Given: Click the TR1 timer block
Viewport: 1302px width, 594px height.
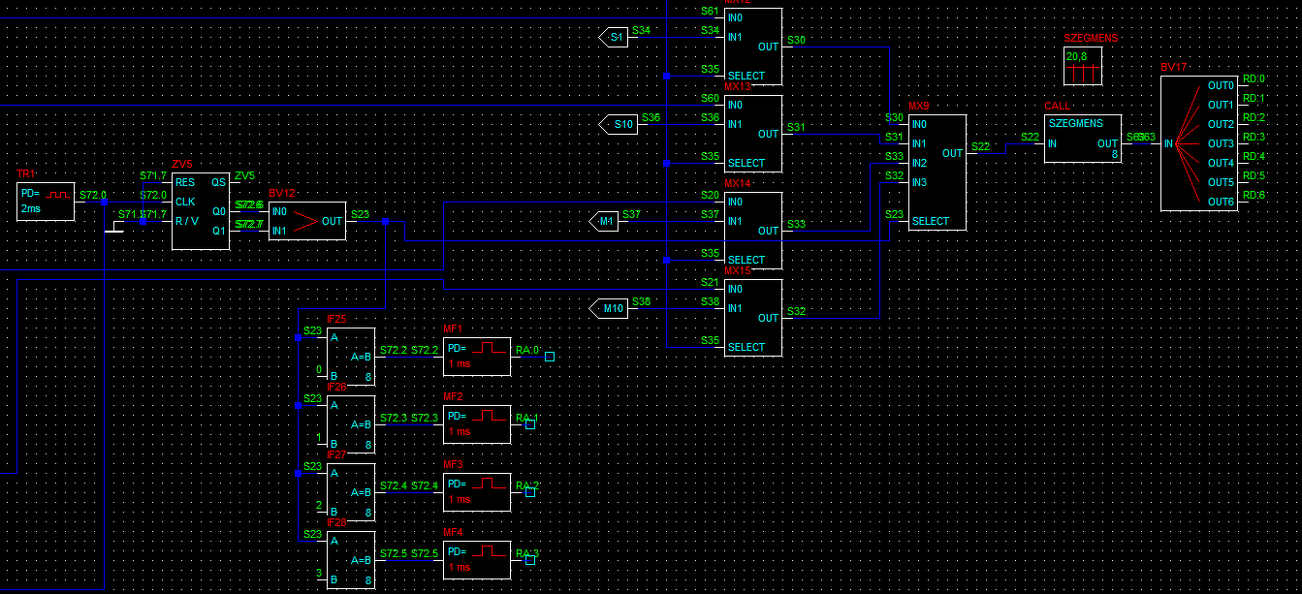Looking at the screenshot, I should [x=46, y=202].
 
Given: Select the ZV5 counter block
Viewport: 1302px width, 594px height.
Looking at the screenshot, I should [x=201, y=211].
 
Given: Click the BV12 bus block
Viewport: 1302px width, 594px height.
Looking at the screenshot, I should [x=306, y=221].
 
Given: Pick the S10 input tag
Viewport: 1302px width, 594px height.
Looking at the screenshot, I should [x=619, y=125].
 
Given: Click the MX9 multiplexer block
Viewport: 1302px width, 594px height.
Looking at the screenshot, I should [x=937, y=172].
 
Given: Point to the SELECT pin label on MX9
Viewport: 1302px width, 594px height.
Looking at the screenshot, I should [x=931, y=221].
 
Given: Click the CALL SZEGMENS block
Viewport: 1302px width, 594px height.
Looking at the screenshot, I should [x=1082, y=139].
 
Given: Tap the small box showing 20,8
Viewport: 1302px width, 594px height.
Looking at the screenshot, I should [x=1082, y=66].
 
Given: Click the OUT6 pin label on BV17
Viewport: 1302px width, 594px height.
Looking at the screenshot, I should [x=1220, y=202].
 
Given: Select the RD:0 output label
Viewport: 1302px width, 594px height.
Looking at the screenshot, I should [x=1254, y=79].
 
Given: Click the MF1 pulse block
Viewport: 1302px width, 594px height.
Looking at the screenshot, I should [x=476, y=357].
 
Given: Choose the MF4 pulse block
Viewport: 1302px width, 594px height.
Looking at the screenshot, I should [x=476, y=560].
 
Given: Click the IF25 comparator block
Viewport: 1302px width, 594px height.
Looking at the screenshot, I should [x=350, y=357].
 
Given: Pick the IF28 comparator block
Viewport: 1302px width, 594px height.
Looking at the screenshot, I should [x=350, y=560].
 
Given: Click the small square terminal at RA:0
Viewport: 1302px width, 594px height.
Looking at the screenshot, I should [x=550, y=357].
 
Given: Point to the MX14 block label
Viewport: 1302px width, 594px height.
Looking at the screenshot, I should [x=737, y=183].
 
